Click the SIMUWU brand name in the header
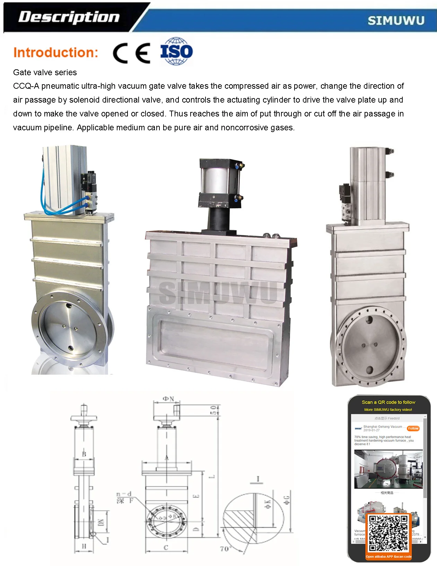pos(396,21)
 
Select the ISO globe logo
pos(176,52)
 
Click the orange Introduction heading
pos(56,53)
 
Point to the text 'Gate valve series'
pos(45,72)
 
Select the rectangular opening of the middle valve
pos(215,341)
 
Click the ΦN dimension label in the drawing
pos(168,399)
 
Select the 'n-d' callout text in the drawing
pos(124,494)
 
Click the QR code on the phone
pos(388,534)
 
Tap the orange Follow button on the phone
pos(413,428)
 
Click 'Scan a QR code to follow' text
pos(388,402)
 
